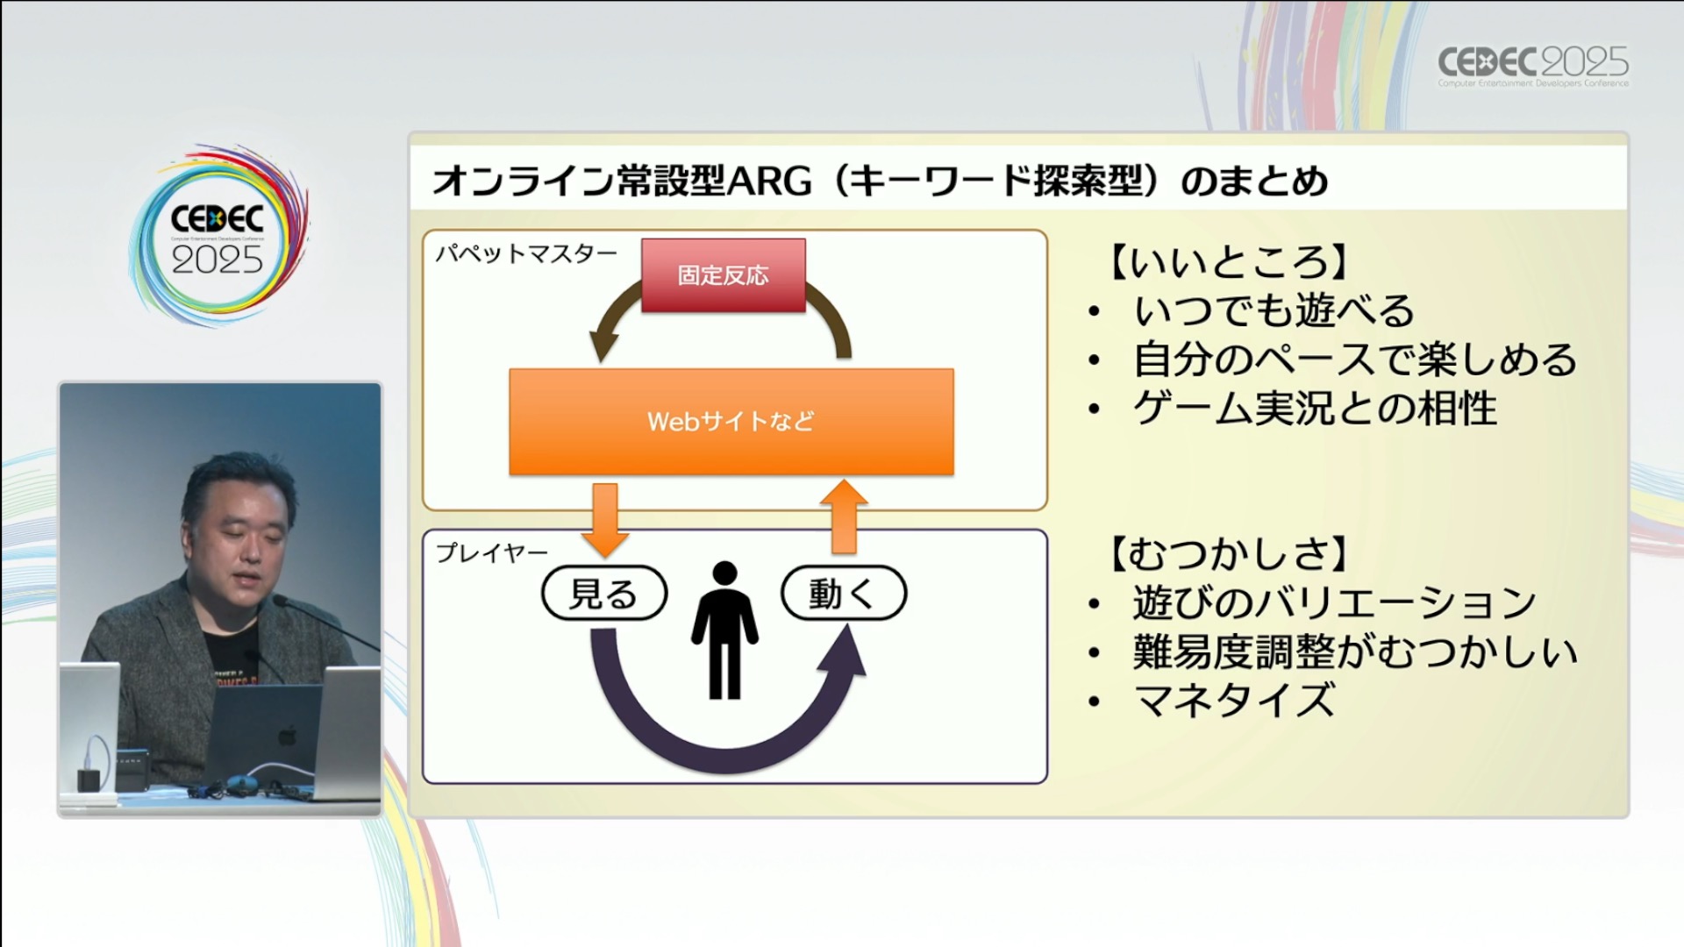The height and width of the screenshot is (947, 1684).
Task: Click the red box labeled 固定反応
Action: click(723, 275)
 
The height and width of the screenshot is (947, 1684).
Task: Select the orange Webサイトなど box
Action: click(731, 422)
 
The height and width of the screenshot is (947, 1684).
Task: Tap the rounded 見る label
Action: click(604, 594)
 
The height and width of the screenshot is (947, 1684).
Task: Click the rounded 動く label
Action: click(843, 594)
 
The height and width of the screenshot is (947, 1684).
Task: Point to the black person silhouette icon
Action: click(724, 631)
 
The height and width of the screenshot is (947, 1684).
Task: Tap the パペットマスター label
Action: click(526, 254)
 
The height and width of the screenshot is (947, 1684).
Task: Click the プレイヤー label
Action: click(492, 552)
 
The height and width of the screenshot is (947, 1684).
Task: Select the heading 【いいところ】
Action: click(1228, 261)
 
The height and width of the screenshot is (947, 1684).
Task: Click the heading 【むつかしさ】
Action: click(1228, 554)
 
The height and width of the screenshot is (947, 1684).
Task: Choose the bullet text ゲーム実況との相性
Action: click(1314, 409)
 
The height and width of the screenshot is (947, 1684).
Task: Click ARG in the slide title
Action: click(769, 182)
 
